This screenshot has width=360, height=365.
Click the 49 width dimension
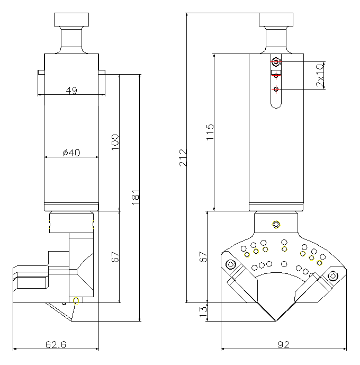click(71, 91)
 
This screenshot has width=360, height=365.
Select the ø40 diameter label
click(71, 153)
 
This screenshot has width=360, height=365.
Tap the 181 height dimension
click(136, 197)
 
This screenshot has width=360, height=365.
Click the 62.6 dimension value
click(56, 345)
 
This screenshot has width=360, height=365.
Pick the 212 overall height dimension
click(183, 157)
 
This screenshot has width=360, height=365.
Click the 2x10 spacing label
click(320, 75)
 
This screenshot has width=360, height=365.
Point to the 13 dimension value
click(202, 312)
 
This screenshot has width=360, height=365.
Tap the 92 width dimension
click(283, 345)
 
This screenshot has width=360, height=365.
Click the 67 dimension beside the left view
click(116, 257)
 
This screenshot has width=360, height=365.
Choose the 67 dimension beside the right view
click(202, 257)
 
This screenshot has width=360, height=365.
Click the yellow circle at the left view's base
click(76, 301)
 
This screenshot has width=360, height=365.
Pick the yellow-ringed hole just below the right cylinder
click(275, 225)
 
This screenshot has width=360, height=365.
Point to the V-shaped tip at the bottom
click(276, 321)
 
